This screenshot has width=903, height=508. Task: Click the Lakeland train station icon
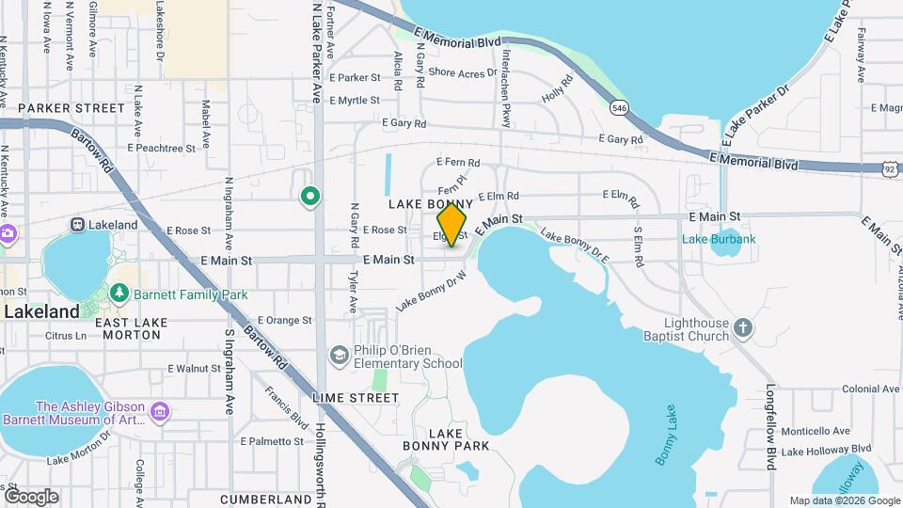pyautogui.click(x=78, y=225)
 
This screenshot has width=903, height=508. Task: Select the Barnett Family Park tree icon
pyautogui.click(x=119, y=294)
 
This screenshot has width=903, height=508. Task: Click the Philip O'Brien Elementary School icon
pyautogui.click(x=339, y=354)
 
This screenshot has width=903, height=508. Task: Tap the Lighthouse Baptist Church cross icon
pyautogui.click(x=743, y=328)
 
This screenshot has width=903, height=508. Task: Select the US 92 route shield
pyautogui.click(x=890, y=168)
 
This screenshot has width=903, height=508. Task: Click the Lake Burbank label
pyautogui.click(x=719, y=239)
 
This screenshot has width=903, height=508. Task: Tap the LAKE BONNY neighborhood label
pyautogui.click(x=425, y=204)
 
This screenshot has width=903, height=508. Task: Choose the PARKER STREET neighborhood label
pyautogui.click(x=71, y=108)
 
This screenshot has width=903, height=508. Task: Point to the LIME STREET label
pyautogui.click(x=356, y=398)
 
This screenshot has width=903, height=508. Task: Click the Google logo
pyautogui.click(x=30, y=496)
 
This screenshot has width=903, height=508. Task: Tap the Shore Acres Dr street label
pyautogui.click(x=462, y=72)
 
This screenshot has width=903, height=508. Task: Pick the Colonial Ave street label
pyautogui.click(x=871, y=389)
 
